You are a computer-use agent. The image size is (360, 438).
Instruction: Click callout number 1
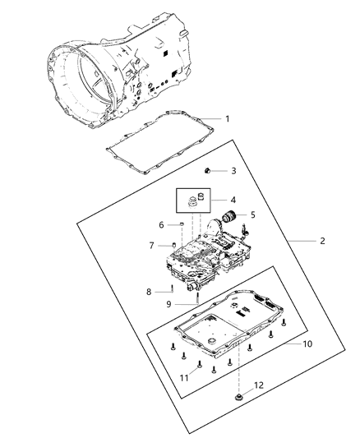pyautogui.click(x=227, y=119)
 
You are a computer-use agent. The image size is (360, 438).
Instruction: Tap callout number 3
pyautogui.click(x=233, y=171)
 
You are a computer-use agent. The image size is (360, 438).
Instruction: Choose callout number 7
pyautogui.click(x=150, y=246)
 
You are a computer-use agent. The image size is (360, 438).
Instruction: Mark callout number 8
pyautogui.click(x=149, y=292)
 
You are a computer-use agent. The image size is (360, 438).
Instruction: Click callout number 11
pyautogui.click(x=184, y=377)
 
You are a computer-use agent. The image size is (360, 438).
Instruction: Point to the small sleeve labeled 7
pyautogui.click(x=173, y=245)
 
